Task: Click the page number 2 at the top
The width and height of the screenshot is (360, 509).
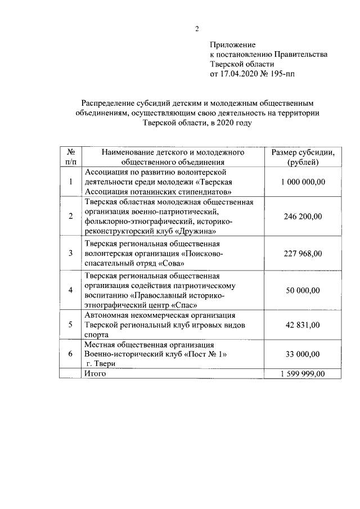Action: click(197, 29)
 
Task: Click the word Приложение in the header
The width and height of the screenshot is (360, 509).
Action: click(232, 44)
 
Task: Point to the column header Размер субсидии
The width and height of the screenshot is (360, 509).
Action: click(303, 152)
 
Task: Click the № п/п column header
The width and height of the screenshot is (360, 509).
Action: click(71, 157)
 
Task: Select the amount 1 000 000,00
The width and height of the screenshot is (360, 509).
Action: click(303, 182)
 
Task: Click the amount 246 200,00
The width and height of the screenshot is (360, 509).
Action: click(303, 216)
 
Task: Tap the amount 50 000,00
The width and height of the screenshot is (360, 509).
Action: click(303, 290)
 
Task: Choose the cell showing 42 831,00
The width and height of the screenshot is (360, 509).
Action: click(303, 325)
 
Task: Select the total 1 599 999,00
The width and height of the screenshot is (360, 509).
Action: click(303, 373)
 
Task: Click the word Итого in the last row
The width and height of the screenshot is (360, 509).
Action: click(94, 373)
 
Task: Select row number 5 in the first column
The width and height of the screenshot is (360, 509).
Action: click(71, 325)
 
